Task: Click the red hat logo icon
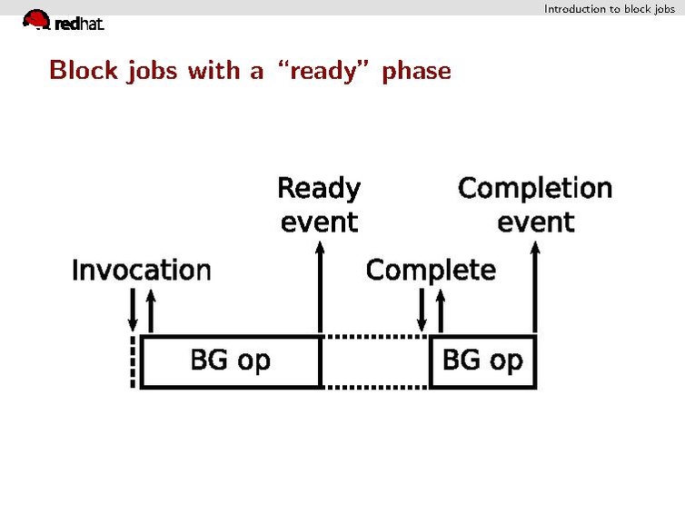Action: click(x=36, y=19)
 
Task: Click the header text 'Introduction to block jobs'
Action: click(x=609, y=8)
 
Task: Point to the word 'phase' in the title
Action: click(x=416, y=71)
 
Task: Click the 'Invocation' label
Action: click(x=141, y=270)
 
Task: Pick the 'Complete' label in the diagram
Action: click(x=431, y=270)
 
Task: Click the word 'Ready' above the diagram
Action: click(x=318, y=188)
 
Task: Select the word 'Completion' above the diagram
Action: click(x=535, y=188)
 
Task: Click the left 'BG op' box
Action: click(x=230, y=361)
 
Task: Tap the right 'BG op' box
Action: click(x=482, y=361)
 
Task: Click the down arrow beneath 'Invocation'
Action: click(x=133, y=311)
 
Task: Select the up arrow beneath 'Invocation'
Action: click(x=151, y=311)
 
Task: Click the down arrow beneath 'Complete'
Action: click(x=422, y=311)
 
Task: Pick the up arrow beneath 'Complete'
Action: click(x=440, y=311)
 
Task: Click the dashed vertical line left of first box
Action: click(x=134, y=362)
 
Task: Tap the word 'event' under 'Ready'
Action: click(x=319, y=222)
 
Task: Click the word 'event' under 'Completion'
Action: click(x=535, y=222)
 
